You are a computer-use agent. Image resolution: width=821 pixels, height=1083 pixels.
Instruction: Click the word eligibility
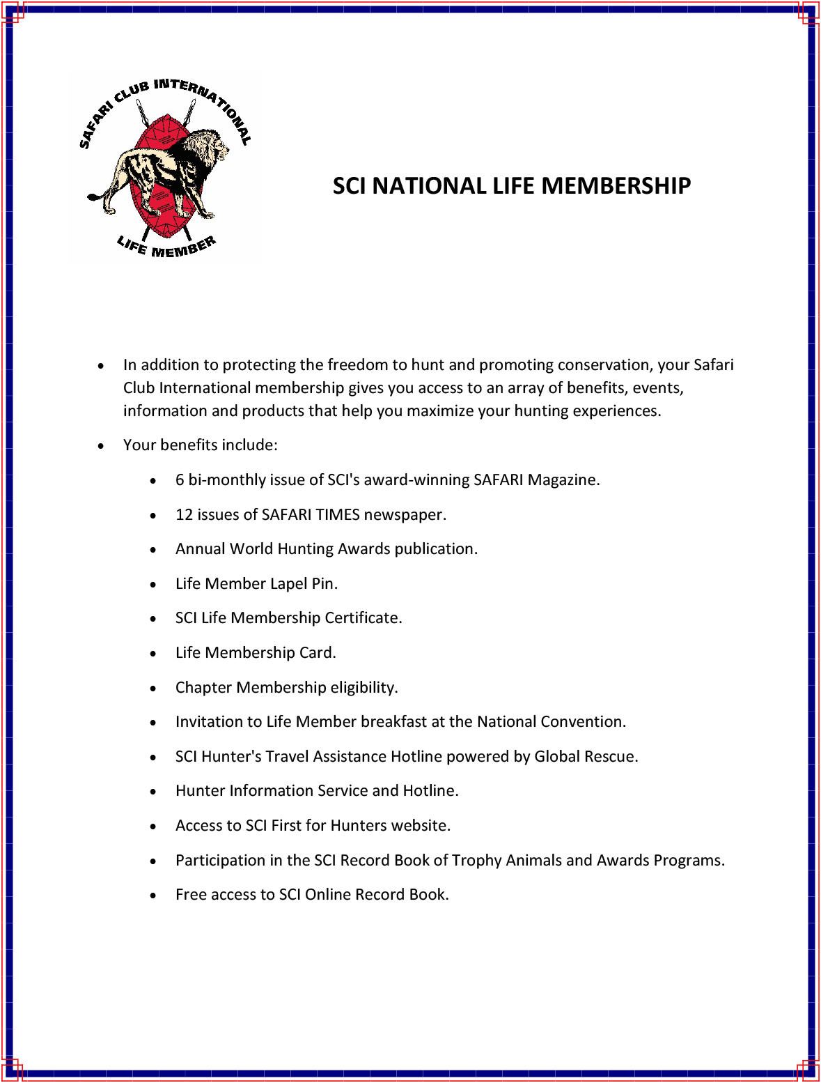[x=363, y=687]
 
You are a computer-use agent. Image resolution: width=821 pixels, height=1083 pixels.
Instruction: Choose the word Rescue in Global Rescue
[x=612, y=756]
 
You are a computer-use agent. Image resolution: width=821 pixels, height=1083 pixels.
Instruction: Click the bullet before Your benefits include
[x=102, y=445]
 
